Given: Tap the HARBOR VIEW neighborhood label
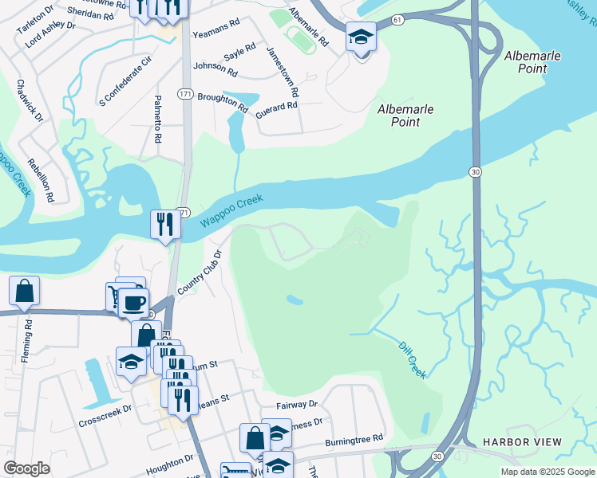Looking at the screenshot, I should (x=522, y=442).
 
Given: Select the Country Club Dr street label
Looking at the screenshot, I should (x=199, y=272).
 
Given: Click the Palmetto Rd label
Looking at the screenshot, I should (x=158, y=123).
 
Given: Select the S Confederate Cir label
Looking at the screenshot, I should (x=124, y=80).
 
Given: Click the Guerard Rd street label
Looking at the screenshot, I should (x=278, y=111).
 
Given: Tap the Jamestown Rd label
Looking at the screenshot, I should (x=283, y=71).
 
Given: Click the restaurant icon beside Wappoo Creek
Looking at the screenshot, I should (x=165, y=224).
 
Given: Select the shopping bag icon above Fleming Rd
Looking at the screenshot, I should (x=24, y=291).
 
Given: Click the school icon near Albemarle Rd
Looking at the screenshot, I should (x=361, y=37).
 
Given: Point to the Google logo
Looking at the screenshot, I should (x=27, y=468).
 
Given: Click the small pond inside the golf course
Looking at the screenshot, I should (x=294, y=300).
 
